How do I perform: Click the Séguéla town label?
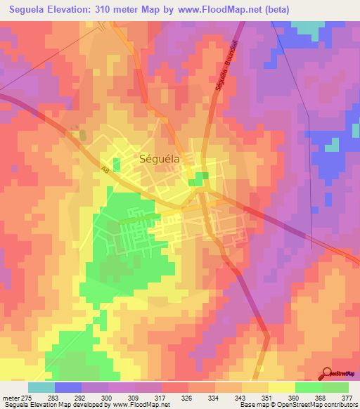pyautogui.click(x=160, y=159)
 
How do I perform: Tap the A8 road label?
pyautogui.click(x=105, y=170)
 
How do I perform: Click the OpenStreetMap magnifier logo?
pyautogui.click(x=328, y=373)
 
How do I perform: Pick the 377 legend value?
pyautogui.click(x=347, y=398)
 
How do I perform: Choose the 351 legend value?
pyautogui.click(x=267, y=398)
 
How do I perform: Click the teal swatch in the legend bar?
pyautogui.click(x=41, y=387)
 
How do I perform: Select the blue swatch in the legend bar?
pyautogui.click(x=67, y=387)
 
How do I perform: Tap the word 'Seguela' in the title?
pyautogui.click(x=32, y=9)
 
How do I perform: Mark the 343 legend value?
pyautogui.click(x=240, y=398)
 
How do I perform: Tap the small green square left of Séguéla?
pyautogui.click(x=116, y=165)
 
